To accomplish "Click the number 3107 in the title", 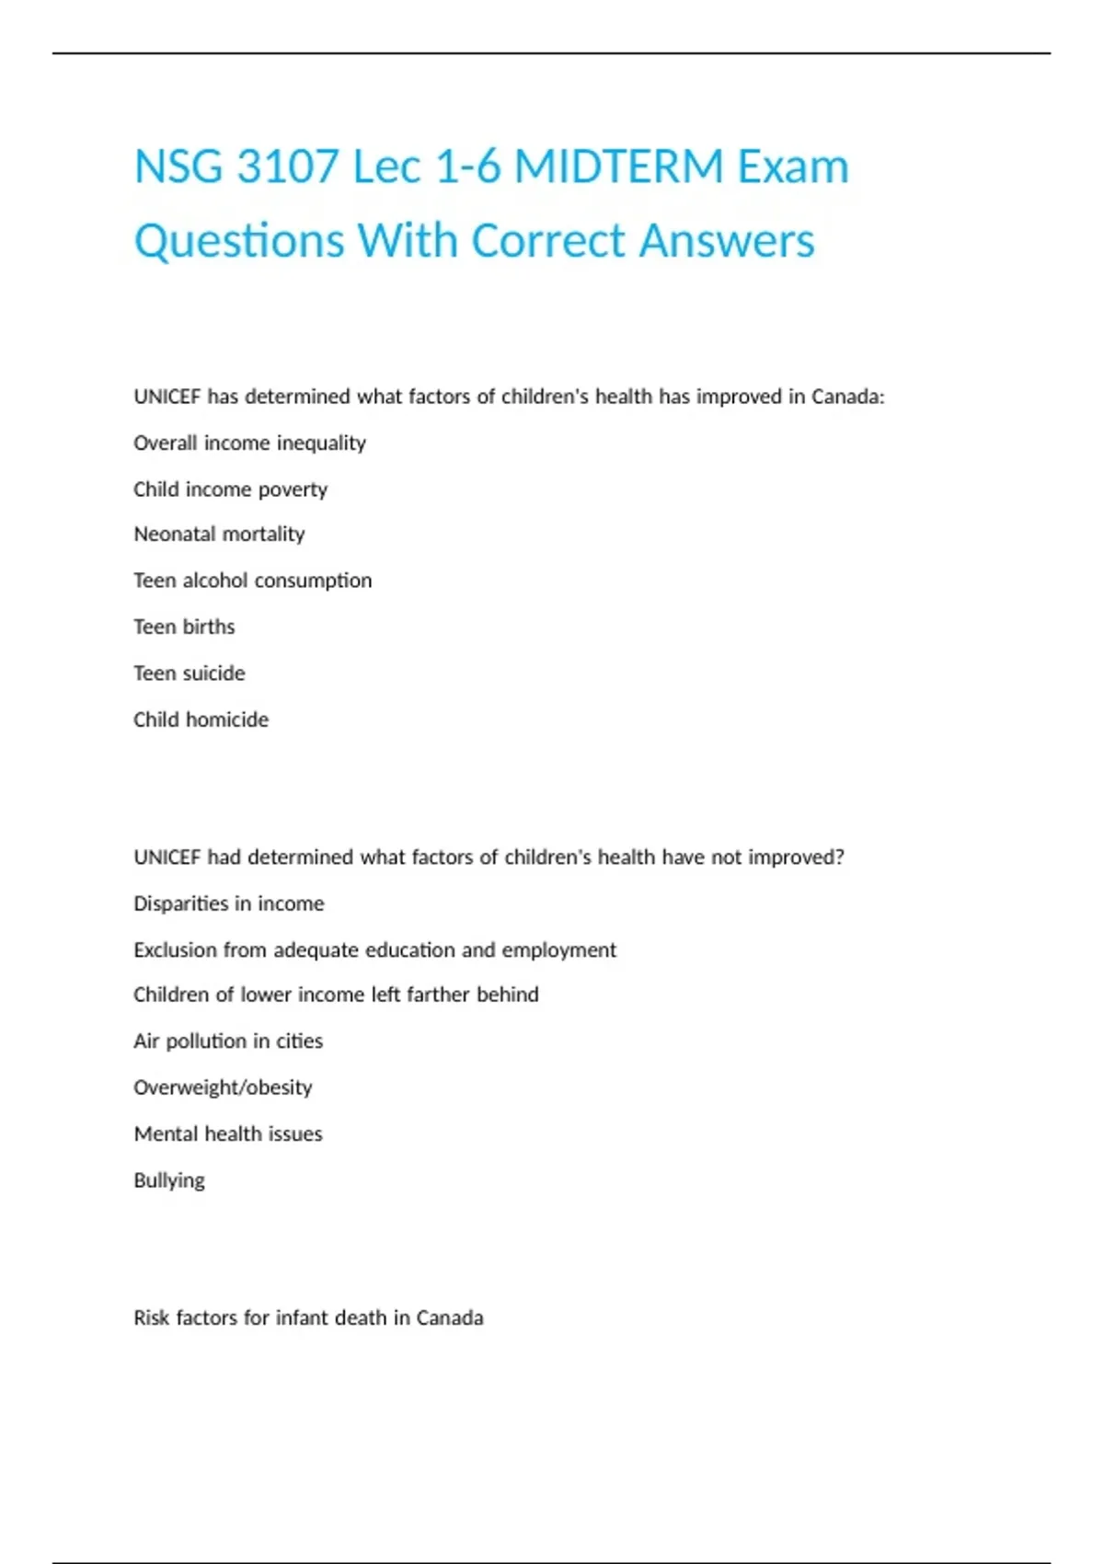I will click(287, 167).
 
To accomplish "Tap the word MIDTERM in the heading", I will click(619, 167).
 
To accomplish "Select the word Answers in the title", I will click(727, 241).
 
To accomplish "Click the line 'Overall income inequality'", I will click(249, 443).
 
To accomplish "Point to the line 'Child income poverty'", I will click(230, 489).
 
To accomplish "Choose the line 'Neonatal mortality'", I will click(219, 535).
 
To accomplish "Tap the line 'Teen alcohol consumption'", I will click(252, 581).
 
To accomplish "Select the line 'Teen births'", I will click(184, 627).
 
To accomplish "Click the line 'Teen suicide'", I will click(189, 673).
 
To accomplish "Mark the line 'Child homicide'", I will click(201, 719).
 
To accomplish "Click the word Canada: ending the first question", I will click(847, 397).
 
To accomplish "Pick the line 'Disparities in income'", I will click(228, 903).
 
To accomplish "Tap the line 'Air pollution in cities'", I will click(228, 1041).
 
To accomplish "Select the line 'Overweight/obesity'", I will click(223, 1087).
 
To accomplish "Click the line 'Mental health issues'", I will click(227, 1133).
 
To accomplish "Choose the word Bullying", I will click(169, 1180).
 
